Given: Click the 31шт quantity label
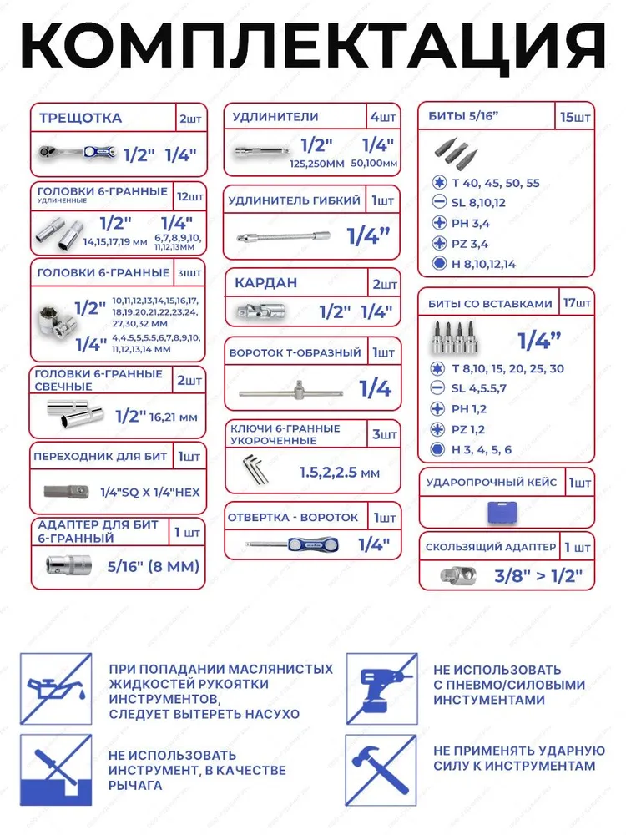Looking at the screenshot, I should (x=189, y=272).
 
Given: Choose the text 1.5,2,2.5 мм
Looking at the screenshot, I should (x=339, y=473).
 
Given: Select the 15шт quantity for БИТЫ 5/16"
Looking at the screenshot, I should (x=576, y=118).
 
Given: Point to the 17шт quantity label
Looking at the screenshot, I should (x=576, y=303).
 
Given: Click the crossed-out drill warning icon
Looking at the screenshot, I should (x=381, y=687).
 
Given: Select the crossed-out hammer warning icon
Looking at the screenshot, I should (x=381, y=769).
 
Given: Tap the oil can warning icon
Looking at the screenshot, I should (x=57, y=687).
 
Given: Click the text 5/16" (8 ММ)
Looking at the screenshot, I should (x=154, y=566).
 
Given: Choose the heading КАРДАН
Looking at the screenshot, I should (x=265, y=283).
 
